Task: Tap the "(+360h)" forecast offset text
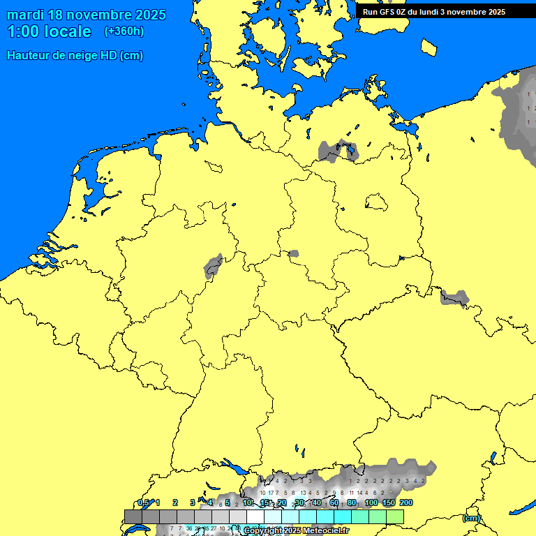coord(124,31)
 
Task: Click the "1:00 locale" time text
coord(49,31)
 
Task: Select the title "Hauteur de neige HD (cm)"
coord(75,56)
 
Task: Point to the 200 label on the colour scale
coord(405,502)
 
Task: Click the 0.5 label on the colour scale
coord(143,502)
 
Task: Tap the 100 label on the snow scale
coord(371,502)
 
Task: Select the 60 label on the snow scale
coord(334,502)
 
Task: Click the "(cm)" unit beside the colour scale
coord(471,518)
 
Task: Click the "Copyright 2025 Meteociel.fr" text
coord(297,530)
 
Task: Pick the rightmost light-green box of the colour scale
coord(395,516)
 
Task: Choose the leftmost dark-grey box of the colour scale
coord(133,516)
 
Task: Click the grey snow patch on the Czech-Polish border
coord(454,298)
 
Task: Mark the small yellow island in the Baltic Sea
coord(429,47)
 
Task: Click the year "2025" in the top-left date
coord(147,15)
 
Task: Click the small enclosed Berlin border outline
coord(376,202)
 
